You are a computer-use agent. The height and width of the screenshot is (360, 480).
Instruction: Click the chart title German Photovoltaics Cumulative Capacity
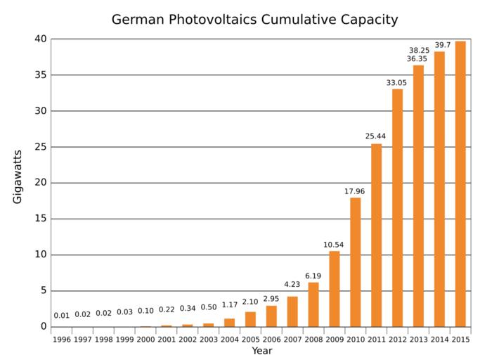(x=254, y=20)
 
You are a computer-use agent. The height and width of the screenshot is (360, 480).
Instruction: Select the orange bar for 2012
(x=397, y=207)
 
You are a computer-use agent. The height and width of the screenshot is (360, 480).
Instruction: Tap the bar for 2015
(x=460, y=184)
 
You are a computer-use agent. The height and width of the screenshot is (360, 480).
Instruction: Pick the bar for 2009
(x=334, y=288)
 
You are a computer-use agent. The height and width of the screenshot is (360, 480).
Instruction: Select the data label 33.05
(x=397, y=83)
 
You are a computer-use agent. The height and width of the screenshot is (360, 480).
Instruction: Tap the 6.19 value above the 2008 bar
(x=313, y=276)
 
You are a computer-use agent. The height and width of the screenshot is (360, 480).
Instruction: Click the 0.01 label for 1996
(x=61, y=315)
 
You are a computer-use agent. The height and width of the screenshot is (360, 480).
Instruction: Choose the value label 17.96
(x=355, y=191)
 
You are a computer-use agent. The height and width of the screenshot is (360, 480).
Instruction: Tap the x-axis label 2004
(x=229, y=340)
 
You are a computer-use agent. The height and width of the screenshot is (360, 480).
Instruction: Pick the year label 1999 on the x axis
(x=124, y=340)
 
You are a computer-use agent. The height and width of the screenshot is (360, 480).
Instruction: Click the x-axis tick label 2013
(x=418, y=340)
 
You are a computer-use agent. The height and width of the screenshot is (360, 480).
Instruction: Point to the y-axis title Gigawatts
(x=18, y=177)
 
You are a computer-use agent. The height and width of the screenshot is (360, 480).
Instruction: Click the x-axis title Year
(x=261, y=351)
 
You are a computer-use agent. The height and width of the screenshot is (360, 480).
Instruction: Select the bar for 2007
(x=292, y=311)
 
